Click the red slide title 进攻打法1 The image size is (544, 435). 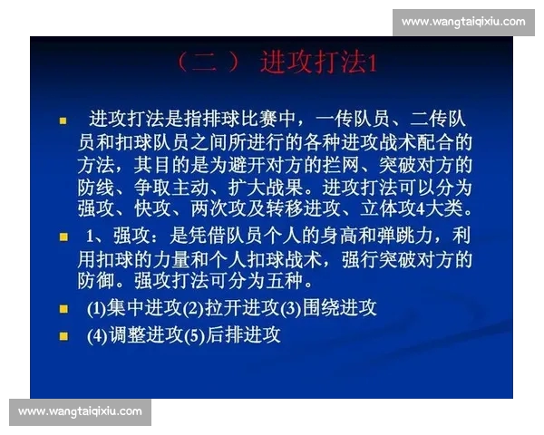[317, 63]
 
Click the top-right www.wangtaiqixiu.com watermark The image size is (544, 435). [463, 21]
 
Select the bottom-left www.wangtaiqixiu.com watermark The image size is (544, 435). [80, 411]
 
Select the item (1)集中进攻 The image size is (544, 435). [135, 308]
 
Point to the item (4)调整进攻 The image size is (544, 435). [135, 335]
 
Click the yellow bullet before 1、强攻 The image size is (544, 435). [63, 237]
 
